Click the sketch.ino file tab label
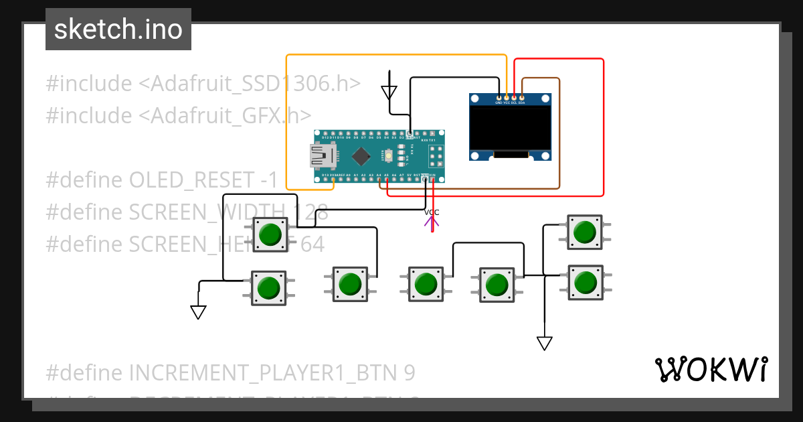coord(118,29)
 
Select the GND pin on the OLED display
coord(499,98)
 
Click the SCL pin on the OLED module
coord(514,98)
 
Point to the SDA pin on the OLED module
coord(521,98)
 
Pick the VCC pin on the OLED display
coord(507,98)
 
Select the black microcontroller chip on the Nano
coord(361,156)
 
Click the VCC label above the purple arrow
coord(432,212)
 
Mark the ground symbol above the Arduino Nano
coord(389,92)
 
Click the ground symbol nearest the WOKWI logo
coord(545,343)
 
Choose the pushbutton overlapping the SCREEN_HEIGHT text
coord(270,234)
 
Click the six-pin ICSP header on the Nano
coord(436,157)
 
